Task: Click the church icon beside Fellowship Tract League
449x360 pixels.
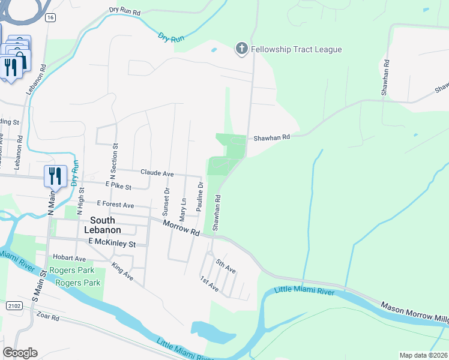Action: (241, 49)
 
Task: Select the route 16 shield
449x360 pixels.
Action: (50, 18)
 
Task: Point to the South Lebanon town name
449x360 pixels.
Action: (106, 225)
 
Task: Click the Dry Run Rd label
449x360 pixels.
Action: (125, 11)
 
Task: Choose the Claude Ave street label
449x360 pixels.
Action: (157, 173)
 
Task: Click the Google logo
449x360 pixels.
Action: (20, 352)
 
